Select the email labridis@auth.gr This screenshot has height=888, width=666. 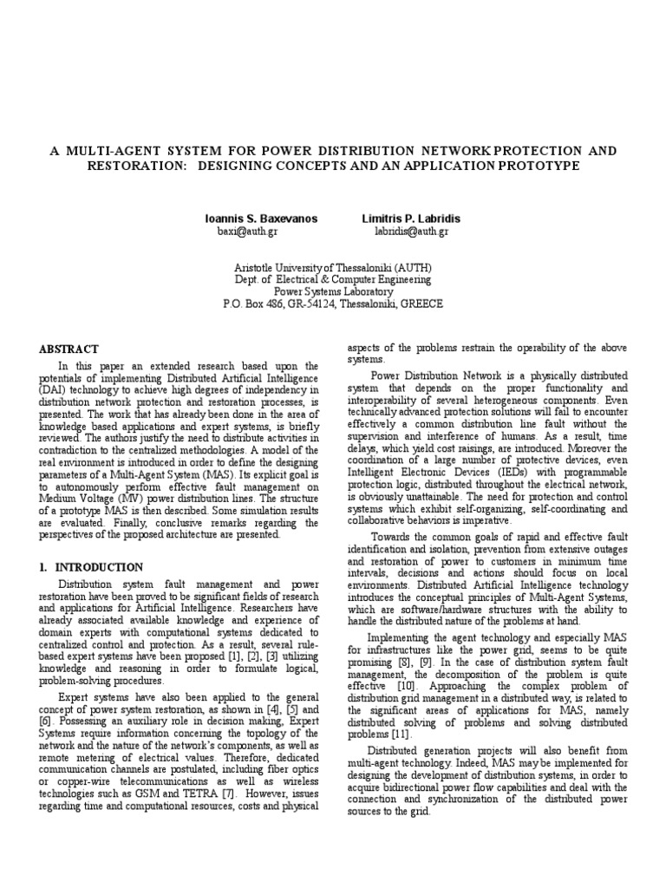(411, 232)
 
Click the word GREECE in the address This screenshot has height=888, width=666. (421, 305)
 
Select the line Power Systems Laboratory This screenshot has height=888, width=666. (333, 292)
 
